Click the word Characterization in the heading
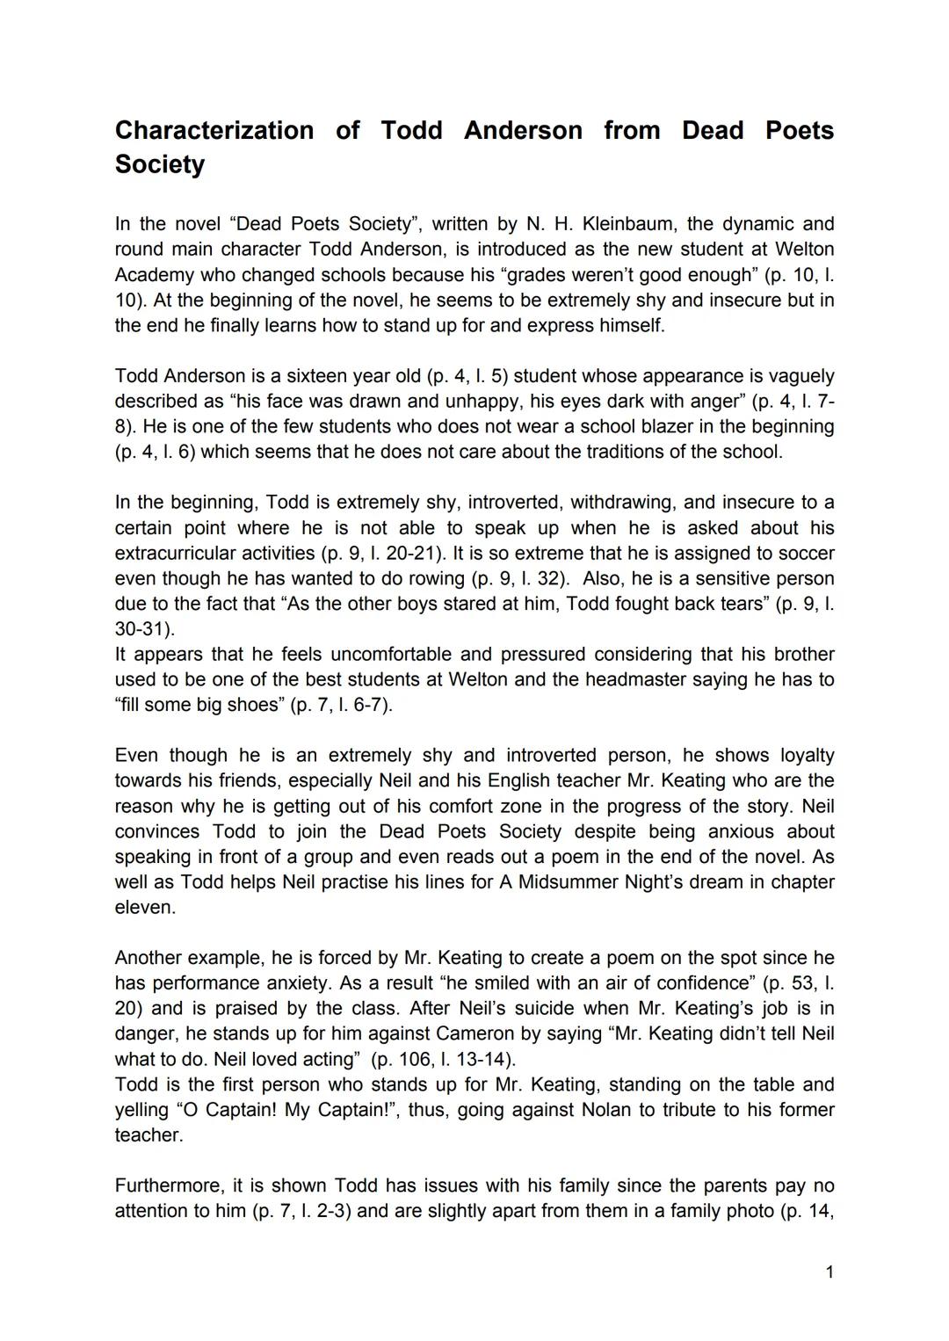pos(214,131)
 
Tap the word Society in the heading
pos(159,164)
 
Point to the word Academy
pos(152,275)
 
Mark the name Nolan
pos(606,1110)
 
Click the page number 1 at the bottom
pos(829,1272)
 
